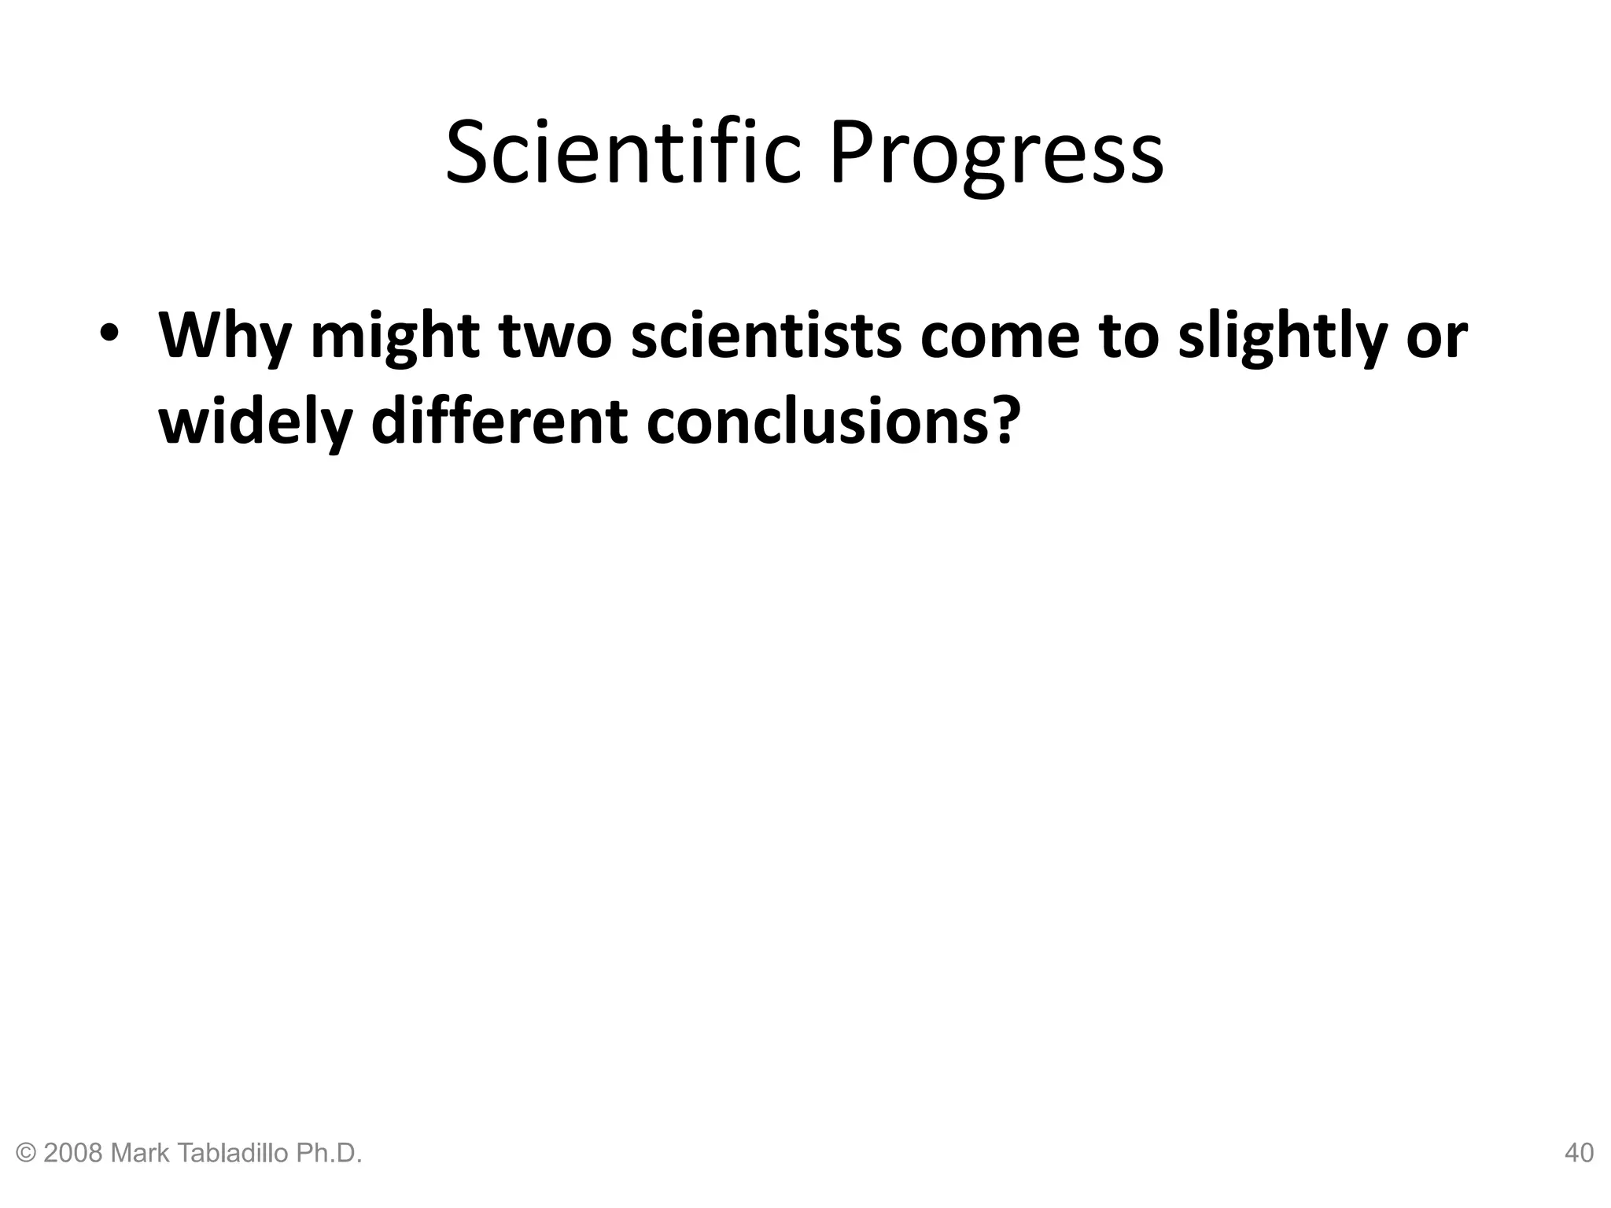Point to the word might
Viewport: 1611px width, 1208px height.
pyautogui.click(x=395, y=337)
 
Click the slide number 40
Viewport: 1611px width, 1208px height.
pyautogui.click(x=1579, y=1153)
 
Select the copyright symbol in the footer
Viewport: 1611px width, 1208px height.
pyautogui.click(x=27, y=1153)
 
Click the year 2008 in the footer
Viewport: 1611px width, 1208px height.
pyautogui.click(x=74, y=1153)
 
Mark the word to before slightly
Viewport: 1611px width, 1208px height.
pyautogui.click(x=1129, y=337)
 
